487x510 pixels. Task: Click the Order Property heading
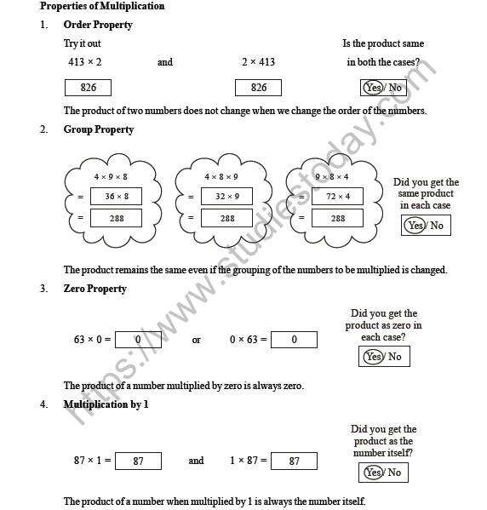98,25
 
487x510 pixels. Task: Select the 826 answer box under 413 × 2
89,88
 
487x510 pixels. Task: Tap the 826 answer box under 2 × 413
260,88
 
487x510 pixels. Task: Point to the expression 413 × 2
85,62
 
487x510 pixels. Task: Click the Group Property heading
99,129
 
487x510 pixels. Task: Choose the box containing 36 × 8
117,197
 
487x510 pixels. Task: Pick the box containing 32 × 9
226,197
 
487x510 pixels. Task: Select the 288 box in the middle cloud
226,218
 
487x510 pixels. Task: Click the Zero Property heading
95,289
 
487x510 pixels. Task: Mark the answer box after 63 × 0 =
138,340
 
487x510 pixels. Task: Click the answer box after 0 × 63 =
294,340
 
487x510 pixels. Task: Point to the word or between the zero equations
197,340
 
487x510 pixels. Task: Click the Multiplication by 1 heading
106,404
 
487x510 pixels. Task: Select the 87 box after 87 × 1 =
138,461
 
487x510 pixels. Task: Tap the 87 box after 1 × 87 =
294,461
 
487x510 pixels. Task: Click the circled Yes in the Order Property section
373,88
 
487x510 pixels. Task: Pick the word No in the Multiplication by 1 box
395,473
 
